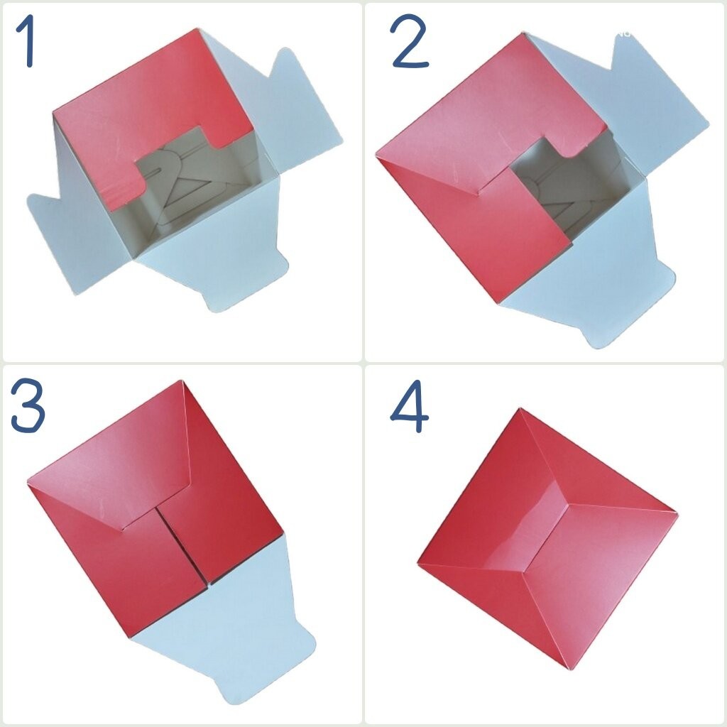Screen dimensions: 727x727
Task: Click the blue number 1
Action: click(x=26, y=40)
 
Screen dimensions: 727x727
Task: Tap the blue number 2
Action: click(x=409, y=40)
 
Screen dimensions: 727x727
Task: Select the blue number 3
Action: click(x=28, y=405)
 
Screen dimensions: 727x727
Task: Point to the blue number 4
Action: click(x=410, y=406)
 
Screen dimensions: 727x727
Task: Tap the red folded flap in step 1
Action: click(x=148, y=116)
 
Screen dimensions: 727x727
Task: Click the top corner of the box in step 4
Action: click(x=520, y=408)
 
